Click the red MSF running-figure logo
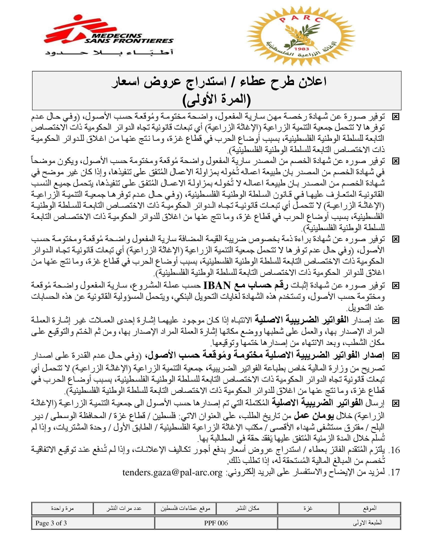[x=73, y=30]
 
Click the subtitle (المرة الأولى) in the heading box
[x=216, y=100]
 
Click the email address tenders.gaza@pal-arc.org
[x=172, y=472]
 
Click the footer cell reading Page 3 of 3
[x=51, y=523]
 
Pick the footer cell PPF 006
[x=216, y=523]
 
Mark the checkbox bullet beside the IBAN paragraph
[x=396, y=286]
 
